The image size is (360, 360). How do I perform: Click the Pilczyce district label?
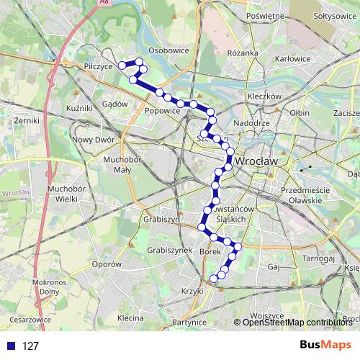click(98, 66)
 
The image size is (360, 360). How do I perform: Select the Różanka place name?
click(242, 53)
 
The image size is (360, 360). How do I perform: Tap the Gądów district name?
click(114, 104)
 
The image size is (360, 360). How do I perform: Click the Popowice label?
click(162, 112)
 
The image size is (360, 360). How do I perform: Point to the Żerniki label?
click(25, 122)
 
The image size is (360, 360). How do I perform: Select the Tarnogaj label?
click(318, 258)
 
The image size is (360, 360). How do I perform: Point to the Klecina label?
click(130, 318)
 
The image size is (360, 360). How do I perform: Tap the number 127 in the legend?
click(31, 346)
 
